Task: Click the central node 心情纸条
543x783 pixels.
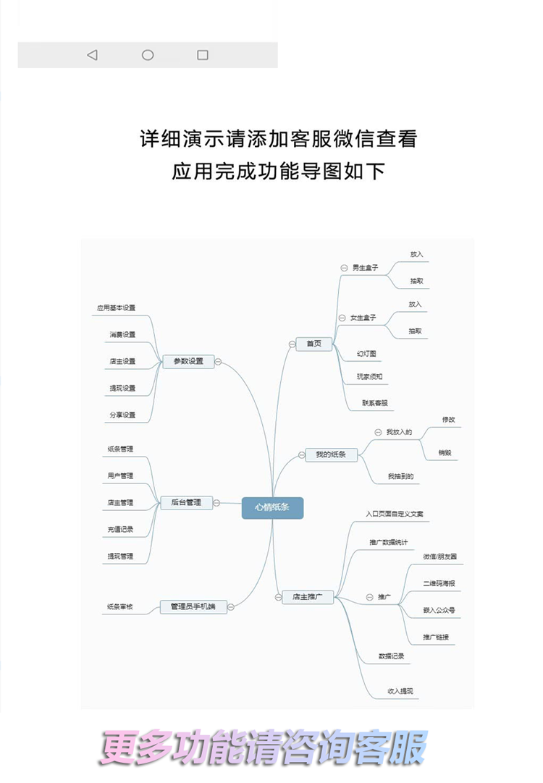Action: tap(272, 508)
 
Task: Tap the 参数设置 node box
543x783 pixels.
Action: tap(188, 361)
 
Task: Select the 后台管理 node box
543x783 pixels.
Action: tap(186, 502)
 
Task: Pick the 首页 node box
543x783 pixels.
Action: tap(313, 344)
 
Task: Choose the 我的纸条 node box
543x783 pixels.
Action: tap(331, 454)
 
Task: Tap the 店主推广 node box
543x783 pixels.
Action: tap(308, 597)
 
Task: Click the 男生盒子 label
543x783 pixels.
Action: tap(366, 268)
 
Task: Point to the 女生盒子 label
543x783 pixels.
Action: tap(363, 318)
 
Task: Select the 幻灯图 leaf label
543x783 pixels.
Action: tap(367, 354)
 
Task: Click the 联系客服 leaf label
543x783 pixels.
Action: tap(377, 402)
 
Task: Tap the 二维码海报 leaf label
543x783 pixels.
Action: tap(439, 583)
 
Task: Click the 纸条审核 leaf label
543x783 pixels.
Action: tap(120, 606)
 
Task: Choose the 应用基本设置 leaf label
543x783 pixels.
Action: tap(117, 308)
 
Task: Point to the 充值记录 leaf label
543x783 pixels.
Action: tap(120, 529)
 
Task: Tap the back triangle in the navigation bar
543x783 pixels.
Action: tap(92, 55)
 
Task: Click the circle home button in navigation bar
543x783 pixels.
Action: tap(148, 55)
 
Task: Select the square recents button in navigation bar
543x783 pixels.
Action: tap(203, 55)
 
